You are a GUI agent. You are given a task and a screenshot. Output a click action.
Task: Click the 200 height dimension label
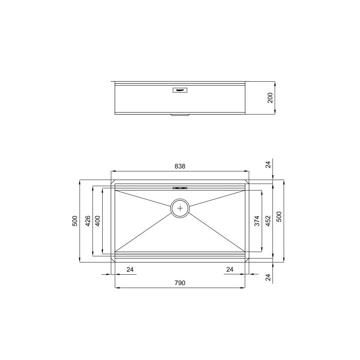[271, 98]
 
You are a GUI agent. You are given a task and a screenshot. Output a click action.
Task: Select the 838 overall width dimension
[180, 166]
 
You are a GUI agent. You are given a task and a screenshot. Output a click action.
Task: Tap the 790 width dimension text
[180, 283]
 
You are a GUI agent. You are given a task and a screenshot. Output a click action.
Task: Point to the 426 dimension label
[87, 221]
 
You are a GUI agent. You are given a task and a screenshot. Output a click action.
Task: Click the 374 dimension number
[257, 221]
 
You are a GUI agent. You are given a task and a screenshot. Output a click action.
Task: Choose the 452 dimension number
[268, 221]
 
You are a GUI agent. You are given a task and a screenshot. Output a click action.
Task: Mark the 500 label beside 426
[75, 221]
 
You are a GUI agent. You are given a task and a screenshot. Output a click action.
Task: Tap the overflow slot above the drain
[180, 188]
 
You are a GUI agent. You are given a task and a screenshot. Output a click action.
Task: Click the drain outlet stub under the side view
[180, 115]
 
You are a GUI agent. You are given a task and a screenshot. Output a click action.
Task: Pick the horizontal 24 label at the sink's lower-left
[130, 269]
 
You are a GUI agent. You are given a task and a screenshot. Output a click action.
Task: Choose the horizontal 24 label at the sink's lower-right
[230, 269]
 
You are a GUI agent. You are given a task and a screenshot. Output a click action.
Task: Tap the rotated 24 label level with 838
[268, 165]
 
